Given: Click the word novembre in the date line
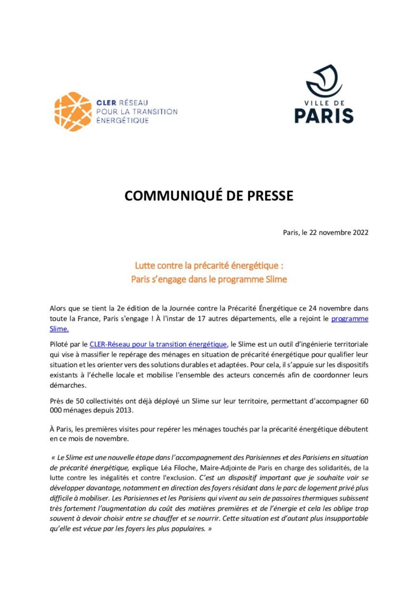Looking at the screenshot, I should click(x=329, y=233).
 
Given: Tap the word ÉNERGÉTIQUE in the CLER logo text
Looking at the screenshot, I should click(x=122, y=121).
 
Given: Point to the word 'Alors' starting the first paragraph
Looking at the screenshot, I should click(x=59, y=308).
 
